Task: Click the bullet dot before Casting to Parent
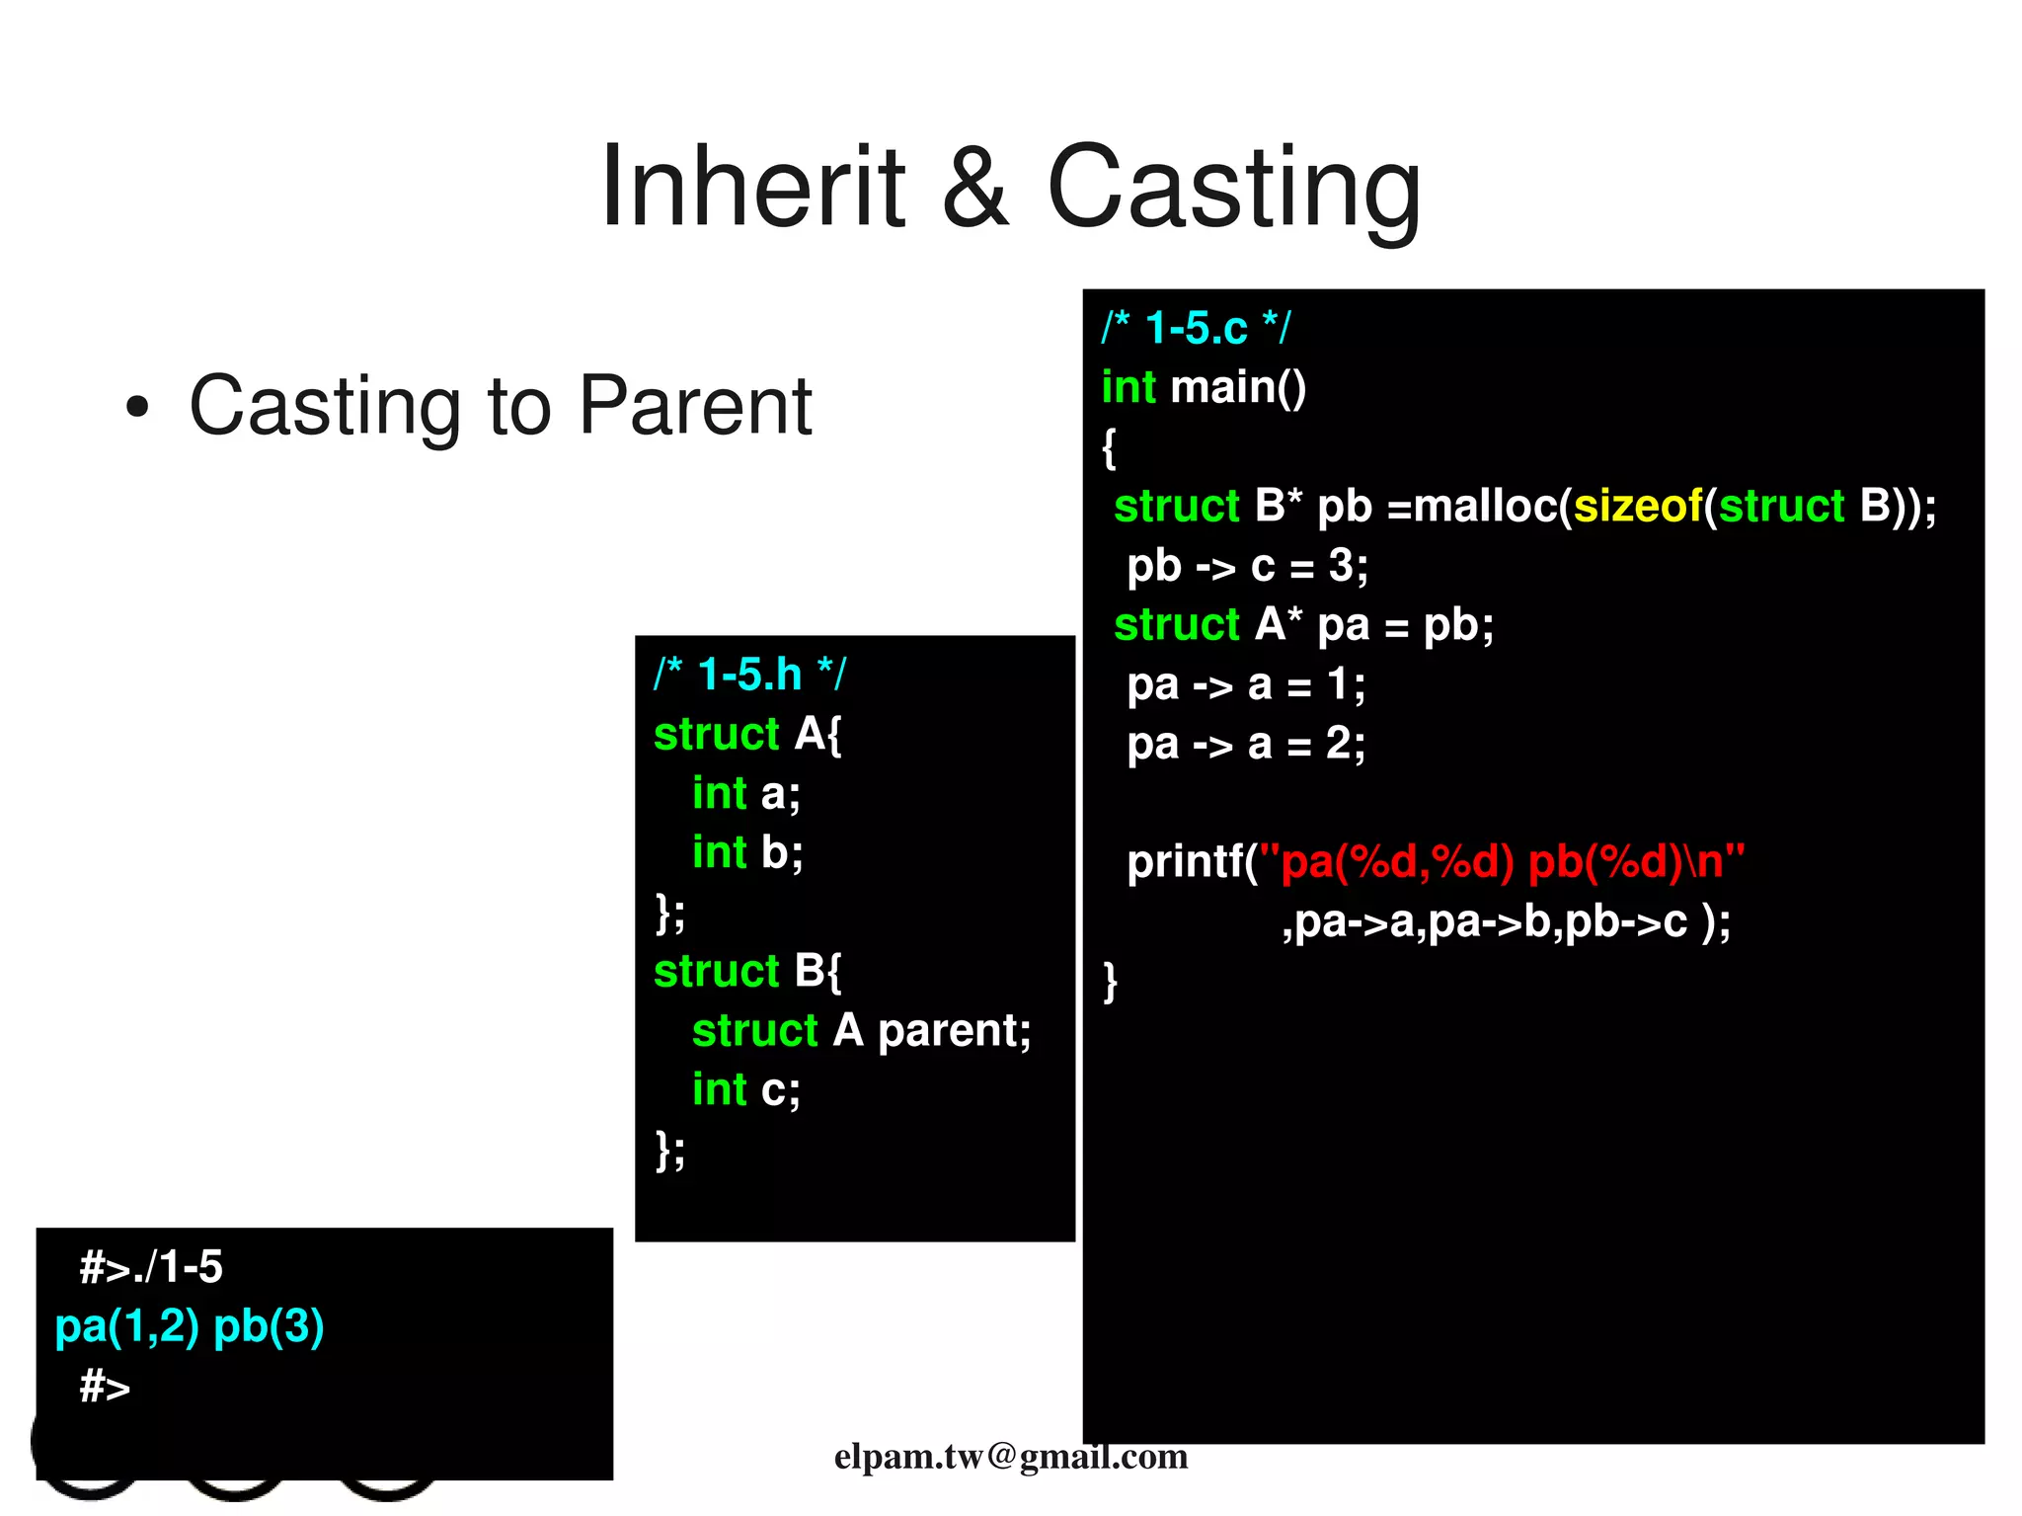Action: [137, 407]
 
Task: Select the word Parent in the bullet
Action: [694, 407]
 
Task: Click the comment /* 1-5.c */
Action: [1196, 328]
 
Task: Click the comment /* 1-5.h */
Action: [749, 675]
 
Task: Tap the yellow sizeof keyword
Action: [1638, 506]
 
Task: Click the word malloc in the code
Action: [1486, 506]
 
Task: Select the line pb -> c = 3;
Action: [1247, 566]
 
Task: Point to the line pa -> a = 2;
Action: [1246, 744]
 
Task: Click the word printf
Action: [1185, 862]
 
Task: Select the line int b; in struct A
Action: [747, 852]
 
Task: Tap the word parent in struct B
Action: [954, 1030]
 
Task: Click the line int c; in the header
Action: [745, 1089]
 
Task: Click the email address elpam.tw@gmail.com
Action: [1010, 1456]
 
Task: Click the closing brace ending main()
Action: [1110, 981]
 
